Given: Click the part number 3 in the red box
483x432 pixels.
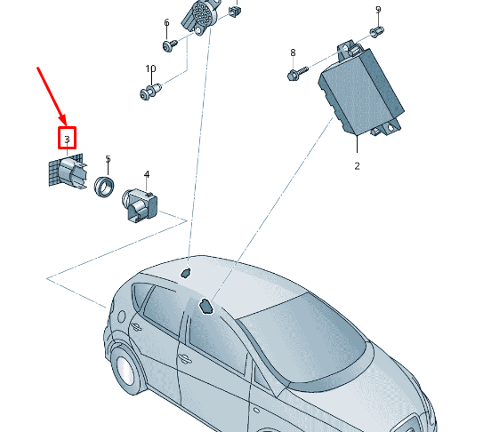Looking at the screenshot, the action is point(67,140).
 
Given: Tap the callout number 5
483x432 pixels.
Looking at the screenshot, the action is point(108,159).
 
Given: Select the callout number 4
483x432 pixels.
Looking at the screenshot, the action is point(147,174).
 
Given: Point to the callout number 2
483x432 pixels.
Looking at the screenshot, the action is point(357,166).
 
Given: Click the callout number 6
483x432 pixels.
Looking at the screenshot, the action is point(166,22).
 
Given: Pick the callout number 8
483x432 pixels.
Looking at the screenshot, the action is point(293,52).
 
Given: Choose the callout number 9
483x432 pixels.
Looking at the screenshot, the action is point(378,10).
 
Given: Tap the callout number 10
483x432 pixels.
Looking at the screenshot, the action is point(150,68).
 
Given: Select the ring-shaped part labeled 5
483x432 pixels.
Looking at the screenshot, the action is point(104,187).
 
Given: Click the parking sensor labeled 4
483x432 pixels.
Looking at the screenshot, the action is point(141,204).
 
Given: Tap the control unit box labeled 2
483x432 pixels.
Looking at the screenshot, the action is point(361,88).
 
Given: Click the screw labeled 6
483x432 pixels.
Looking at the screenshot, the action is point(170,45).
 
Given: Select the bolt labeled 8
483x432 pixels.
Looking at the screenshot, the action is point(298,73).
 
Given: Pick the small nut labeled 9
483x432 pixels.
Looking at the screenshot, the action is point(377,31).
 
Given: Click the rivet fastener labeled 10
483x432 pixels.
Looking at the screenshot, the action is point(150,92).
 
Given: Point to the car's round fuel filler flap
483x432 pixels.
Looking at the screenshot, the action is point(122,316).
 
